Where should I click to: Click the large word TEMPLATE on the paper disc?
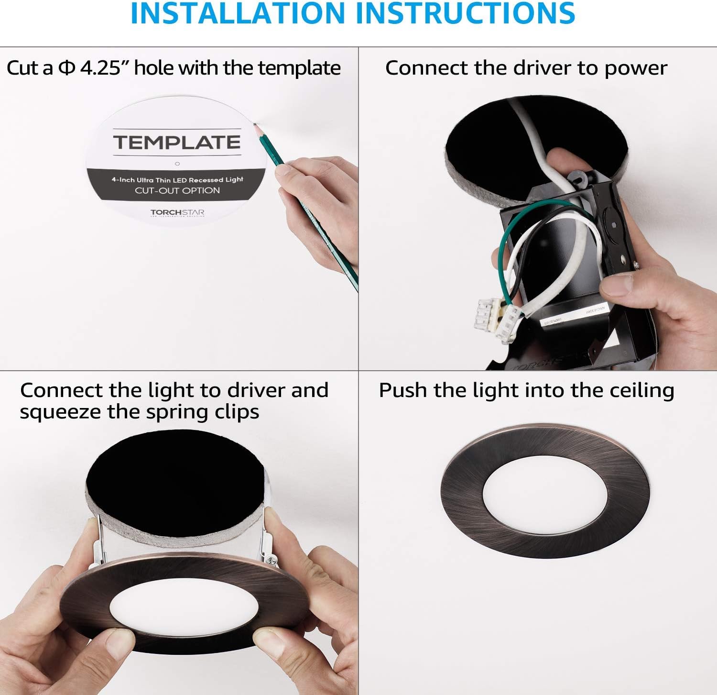pyautogui.click(x=177, y=143)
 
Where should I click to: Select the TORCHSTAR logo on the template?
pyautogui.click(x=177, y=212)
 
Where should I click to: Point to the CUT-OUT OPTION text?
pyautogui.click(x=177, y=190)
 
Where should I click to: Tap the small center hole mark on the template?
pyautogui.click(x=177, y=164)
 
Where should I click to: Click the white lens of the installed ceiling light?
pyautogui.click(x=545, y=493)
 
